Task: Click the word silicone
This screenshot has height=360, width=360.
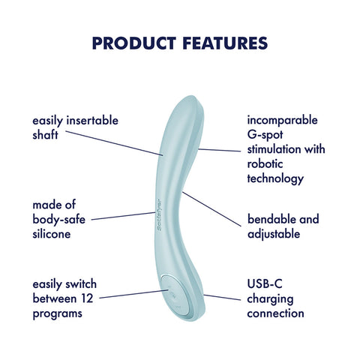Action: pyautogui.click(x=52, y=234)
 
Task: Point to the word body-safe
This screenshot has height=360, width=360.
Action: pyautogui.click(x=62, y=219)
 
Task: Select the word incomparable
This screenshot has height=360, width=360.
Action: pyautogui.click(x=283, y=120)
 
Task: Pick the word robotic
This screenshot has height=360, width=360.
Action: pyautogui.click(x=265, y=164)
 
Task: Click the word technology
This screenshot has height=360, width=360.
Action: pyautogui.click(x=275, y=179)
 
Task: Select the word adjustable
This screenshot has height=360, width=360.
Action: pyautogui.click(x=275, y=234)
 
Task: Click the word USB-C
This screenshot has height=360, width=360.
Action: pyautogui.click(x=265, y=284)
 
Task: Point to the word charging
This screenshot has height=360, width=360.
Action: pyautogui.click(x=270, y=299)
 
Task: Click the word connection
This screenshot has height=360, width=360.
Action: pyautogui.click(x=275, y=314)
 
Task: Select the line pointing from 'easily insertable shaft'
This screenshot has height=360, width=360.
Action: pyautogui.click(x=112, y=143)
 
